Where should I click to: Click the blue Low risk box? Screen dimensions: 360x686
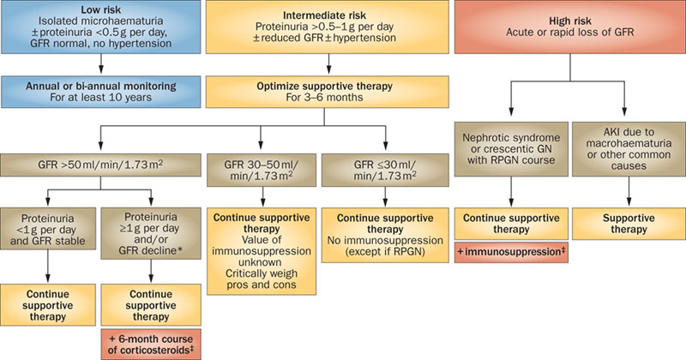102,28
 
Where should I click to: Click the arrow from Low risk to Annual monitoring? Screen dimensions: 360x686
102,65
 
